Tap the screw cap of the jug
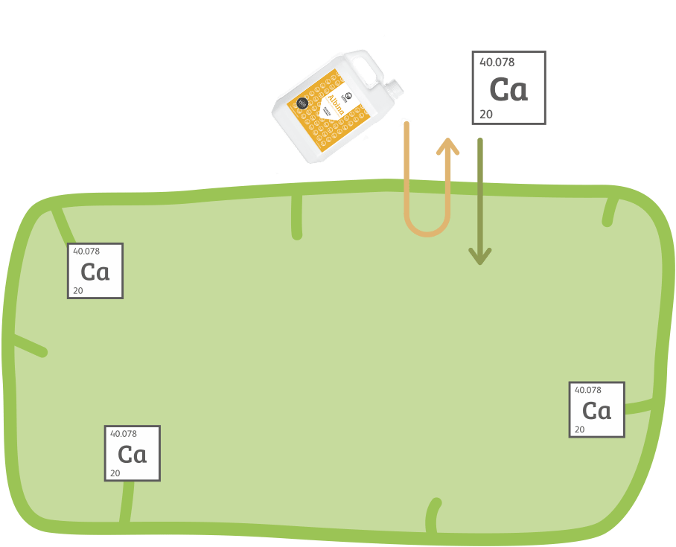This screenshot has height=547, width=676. (395, 89)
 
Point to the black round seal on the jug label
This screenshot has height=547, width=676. (302, 103)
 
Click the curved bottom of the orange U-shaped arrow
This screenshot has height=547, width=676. (427, 229)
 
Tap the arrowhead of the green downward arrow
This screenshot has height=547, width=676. (480, 256)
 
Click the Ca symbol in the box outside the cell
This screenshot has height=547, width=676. (508, 89)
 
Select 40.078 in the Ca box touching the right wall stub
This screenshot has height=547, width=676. (585, 390)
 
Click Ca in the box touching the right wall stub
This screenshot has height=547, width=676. (596, 411)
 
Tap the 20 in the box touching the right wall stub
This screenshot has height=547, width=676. (579, 429)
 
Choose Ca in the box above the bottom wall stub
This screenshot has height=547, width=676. (132, 454)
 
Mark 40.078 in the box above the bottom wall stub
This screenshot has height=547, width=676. (124, 434)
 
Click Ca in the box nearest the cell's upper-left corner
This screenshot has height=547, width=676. (95, 272)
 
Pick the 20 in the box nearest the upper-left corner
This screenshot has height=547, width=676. (77, 290)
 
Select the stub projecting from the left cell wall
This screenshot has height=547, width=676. (26, 344)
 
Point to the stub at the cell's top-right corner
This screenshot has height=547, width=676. (610, 211)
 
